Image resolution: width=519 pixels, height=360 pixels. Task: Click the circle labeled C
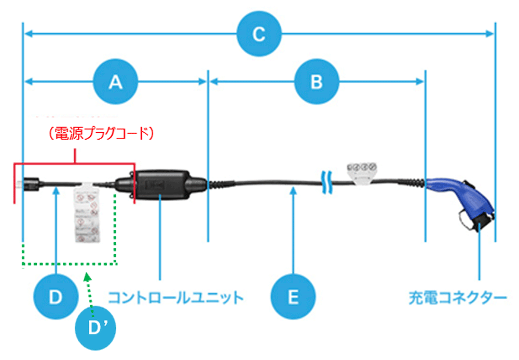(259, 35)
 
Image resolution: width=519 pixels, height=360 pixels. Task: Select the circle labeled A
(115, 81)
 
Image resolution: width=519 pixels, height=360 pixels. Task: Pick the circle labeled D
(55, 297)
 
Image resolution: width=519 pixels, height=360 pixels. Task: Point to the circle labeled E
(293, 297)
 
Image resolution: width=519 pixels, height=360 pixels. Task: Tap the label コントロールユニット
(175, 298)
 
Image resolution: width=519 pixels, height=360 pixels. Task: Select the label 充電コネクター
(456, 298)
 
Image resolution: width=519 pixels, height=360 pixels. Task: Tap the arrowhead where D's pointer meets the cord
(56, 191)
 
